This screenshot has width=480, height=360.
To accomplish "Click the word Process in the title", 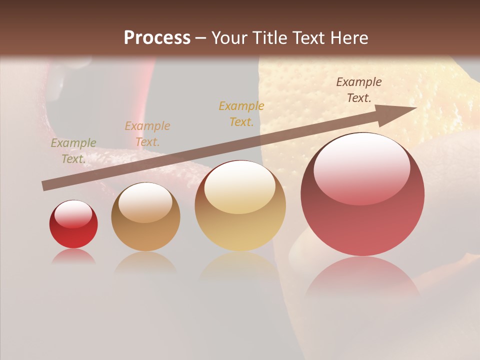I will (157, 38).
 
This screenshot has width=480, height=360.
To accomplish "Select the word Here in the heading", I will (350, 38).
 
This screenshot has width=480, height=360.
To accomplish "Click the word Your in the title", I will (229, 38).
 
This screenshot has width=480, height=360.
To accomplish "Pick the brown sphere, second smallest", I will (145, 217).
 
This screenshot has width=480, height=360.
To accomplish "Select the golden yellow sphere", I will (240, 206).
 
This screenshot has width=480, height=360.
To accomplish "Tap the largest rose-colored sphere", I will (362, 194).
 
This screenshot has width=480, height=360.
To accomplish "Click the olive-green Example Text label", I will (73, 150).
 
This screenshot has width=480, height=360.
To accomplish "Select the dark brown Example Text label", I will (358, 89).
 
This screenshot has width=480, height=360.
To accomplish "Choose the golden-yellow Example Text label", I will (241, 113).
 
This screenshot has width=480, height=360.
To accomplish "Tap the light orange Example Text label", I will (147, 133).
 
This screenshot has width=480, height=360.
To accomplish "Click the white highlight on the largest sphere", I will (361, 167).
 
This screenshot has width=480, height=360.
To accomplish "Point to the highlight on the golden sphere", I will (239, 187).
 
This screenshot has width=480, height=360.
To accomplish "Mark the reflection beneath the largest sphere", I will (362, 277).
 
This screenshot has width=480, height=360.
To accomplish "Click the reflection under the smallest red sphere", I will (73, 256).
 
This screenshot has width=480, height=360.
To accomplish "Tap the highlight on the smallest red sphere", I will (73, 214).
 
